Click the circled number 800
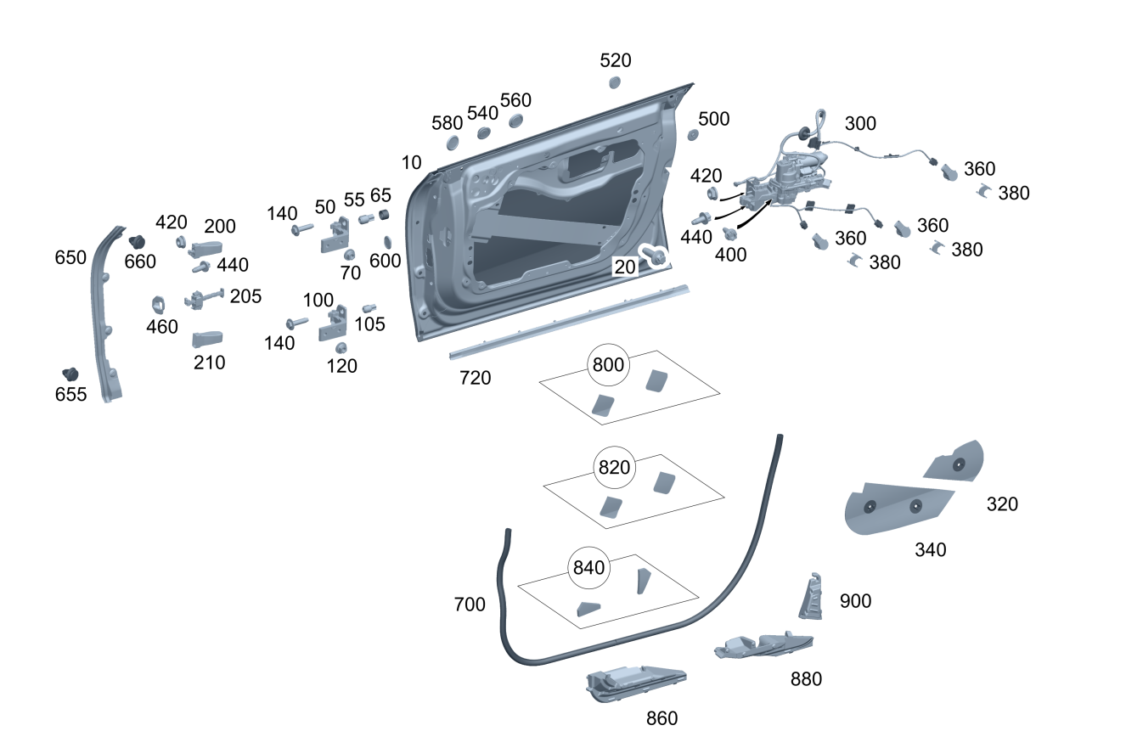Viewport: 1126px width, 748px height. [x=608, y=366]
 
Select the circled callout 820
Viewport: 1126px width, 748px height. [x=615, y=468]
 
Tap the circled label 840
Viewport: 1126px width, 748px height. [x=588, y=568]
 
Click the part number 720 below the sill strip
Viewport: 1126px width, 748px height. [x=475, y=378]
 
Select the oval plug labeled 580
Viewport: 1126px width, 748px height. [x=451, y=141]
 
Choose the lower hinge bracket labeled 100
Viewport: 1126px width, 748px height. [x=332, y=323]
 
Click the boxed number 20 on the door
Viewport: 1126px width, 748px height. [x=625, y=267]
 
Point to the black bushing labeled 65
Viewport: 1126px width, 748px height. [x=383, y=212]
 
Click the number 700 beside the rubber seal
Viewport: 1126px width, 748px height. [x=470, y=605]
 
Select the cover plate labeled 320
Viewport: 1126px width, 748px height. [x=956, y=463]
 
